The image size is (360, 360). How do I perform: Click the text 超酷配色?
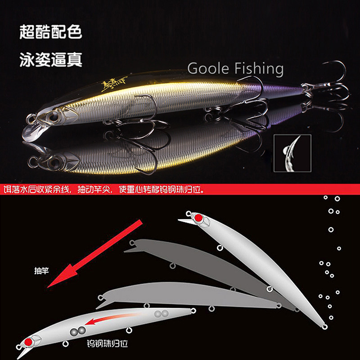coord(51,32)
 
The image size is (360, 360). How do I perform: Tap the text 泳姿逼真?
coord(51,60)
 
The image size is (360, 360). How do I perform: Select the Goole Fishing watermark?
coord(235,69)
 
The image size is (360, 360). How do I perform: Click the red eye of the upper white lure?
coord(198,218)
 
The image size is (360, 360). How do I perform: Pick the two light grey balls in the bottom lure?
coord(161,314)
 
